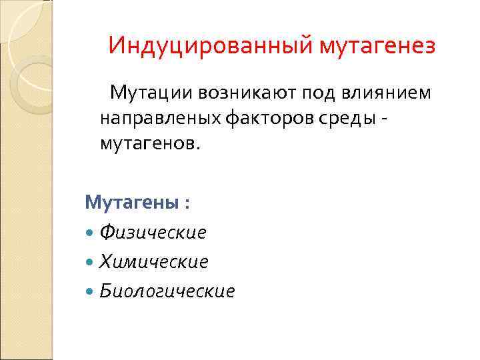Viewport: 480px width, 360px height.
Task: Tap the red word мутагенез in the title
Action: coord(378,46)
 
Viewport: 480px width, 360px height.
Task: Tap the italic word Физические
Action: coord(153,232)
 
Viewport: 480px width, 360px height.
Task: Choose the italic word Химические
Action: coord(153,261)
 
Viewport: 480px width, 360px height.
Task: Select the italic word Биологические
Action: coord(167,291)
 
